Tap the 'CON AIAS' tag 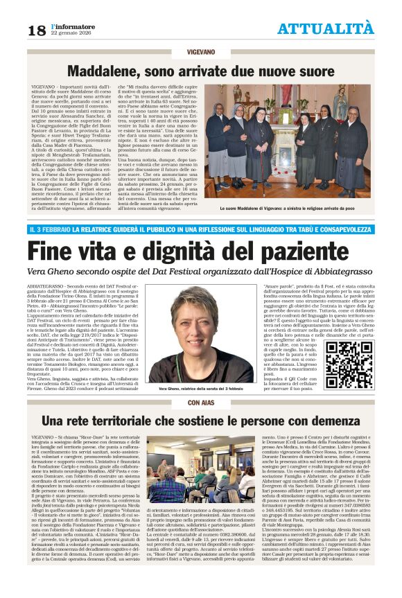[201, 401]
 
